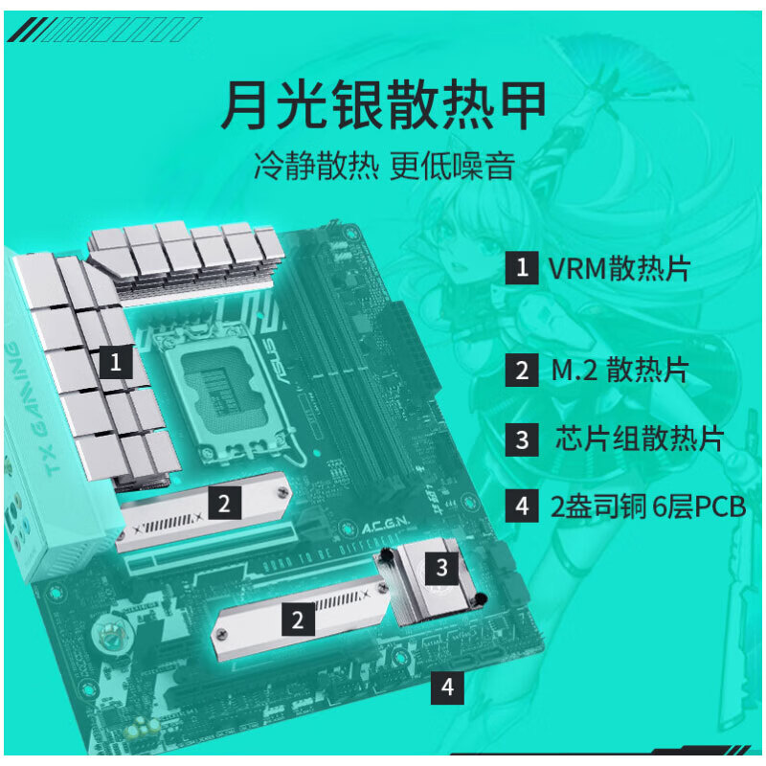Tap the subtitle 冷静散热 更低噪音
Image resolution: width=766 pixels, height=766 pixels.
383,167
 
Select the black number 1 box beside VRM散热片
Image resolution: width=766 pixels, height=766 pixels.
522,268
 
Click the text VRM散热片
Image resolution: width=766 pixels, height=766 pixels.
619,268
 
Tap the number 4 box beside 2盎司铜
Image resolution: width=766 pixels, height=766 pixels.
522,507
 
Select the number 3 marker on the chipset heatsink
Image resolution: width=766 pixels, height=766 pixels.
441,568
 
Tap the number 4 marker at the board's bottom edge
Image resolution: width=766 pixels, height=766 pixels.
448,687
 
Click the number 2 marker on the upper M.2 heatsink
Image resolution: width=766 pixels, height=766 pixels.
223,503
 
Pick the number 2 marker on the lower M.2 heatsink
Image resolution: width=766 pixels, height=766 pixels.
298,620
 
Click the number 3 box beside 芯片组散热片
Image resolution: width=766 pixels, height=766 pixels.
522,439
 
